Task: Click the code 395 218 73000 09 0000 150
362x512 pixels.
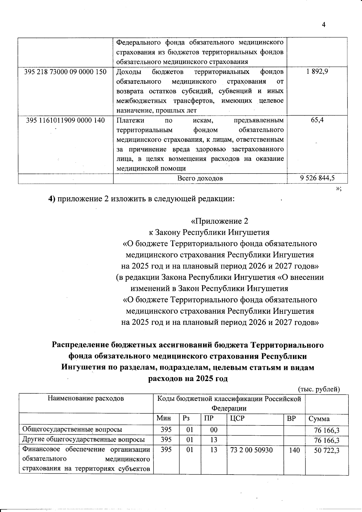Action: (x=65, y=72)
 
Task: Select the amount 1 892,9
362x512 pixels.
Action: (x=317, y=72)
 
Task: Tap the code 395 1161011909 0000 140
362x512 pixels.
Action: (x=65, y=120)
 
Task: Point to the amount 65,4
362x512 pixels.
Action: (x=317, y=120)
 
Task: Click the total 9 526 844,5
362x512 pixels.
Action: (x=317, y=178)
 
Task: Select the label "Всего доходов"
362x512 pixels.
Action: (x=200, y=178)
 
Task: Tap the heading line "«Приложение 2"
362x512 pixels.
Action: (x=220, y=221)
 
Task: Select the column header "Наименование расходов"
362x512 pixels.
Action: (x=86, y=399)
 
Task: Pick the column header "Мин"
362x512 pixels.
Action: (x=164, y=418)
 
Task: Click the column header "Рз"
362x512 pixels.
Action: (x=186, y=418)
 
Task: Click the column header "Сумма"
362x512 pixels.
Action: (x=319, y=419)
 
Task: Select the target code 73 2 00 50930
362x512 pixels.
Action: (x=251, y=450)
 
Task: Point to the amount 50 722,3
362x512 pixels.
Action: (x=327, y=450)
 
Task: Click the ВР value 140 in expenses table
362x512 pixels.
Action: (x=294, y=450)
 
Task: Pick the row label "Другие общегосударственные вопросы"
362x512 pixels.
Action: (x=84, y=440)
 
